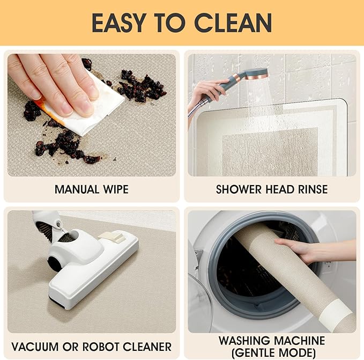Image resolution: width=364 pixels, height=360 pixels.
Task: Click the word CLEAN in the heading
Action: click(233, 23)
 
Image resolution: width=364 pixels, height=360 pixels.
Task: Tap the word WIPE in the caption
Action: click(116, 189)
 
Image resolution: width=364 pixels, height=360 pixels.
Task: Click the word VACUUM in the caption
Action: click(35, 347)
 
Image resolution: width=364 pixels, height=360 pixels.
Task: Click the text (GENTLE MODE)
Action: click(274, 353)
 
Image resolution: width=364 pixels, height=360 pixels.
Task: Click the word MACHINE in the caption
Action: click(300, 341)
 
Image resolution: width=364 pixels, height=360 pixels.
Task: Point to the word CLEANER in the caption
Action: click(147, 347)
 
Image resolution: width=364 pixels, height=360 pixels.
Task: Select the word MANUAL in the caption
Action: click(77, 189)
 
